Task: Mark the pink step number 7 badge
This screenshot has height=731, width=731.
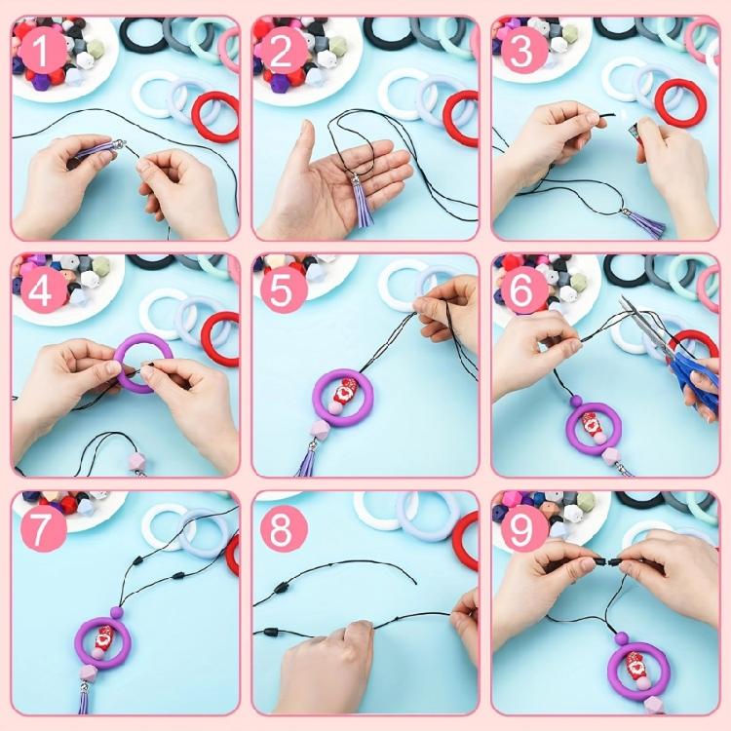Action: pos(40,528)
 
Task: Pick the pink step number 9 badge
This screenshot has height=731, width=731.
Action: pos(522,528)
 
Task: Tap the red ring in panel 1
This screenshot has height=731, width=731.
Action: pos(215,117)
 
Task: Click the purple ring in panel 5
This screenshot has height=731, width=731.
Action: pos(343,400)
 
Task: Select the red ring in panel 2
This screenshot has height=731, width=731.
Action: pos(459,117)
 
